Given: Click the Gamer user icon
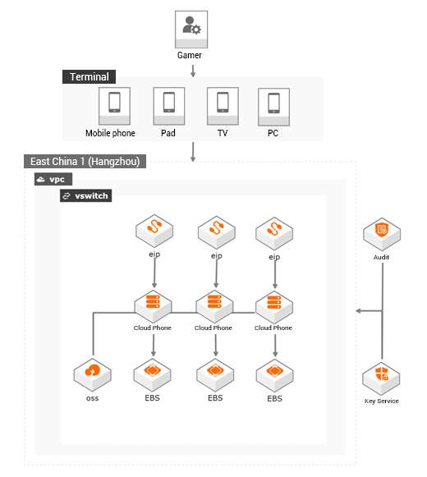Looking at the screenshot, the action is tap(191, 30).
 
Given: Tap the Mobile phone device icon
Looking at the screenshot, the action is tap(114, 106).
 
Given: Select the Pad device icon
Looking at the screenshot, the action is tap(169, 106).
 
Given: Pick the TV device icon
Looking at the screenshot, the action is tap(223, 106).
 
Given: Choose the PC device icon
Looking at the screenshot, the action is tap(273, 107).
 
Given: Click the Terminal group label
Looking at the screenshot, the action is tap(89, 76).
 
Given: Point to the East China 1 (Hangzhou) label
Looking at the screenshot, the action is tap(85, 161).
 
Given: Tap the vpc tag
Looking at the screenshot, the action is tap(53, 179).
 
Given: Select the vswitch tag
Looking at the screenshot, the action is tap(86, 195).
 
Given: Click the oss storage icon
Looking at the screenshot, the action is tap(93, 374).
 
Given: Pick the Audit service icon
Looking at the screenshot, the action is tap(382, 234).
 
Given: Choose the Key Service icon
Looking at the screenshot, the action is tap(381, 378).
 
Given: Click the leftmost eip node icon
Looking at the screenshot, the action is tap(154, 231).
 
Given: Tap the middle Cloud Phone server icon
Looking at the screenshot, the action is tap(214, 305).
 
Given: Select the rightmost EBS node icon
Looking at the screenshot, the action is tap(274, 375).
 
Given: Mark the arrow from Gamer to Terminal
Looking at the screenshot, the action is tap(193, 71).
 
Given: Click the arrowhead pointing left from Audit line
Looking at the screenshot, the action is tap(359, 311).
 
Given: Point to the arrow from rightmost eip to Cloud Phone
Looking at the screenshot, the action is tap(275, 273).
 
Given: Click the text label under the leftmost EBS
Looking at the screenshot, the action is tap(152, 398).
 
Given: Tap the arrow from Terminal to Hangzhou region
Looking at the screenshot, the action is tap(193, 152).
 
